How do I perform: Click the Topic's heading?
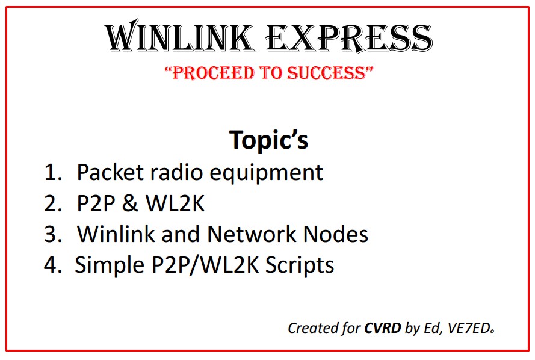[269, 140]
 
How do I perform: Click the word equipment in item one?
[266, 173]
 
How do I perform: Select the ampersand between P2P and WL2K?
[129, 203]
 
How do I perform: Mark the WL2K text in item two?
[175, 203]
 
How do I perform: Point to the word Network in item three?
[252, 234]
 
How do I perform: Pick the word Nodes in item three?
[336, 234]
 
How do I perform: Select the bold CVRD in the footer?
[383, 328]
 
